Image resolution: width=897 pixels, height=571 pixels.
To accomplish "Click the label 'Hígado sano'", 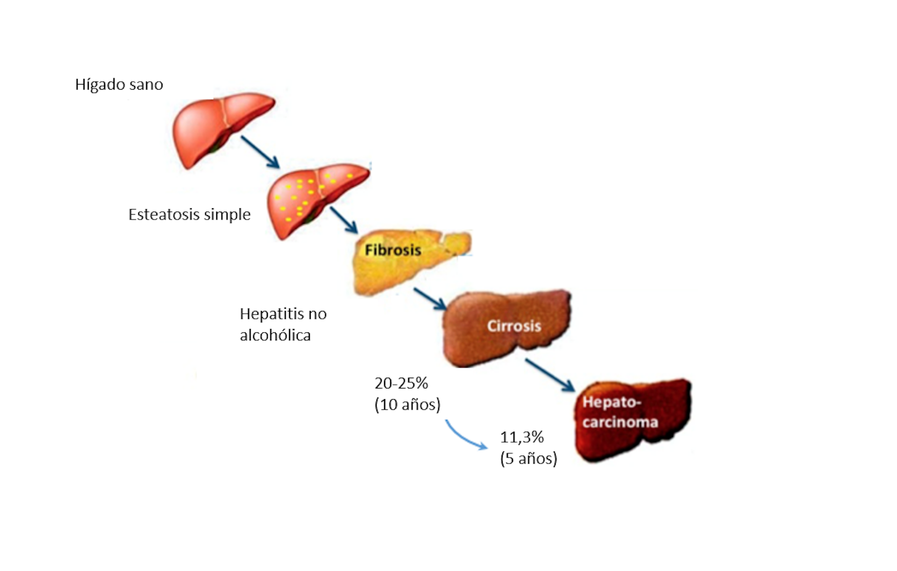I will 119,85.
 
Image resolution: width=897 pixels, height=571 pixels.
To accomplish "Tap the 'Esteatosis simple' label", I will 189,214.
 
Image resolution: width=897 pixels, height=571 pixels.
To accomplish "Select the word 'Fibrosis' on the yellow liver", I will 392,250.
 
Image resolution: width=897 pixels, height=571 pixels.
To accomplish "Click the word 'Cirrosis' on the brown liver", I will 514,326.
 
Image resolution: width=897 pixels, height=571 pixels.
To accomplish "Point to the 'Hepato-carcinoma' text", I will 619,412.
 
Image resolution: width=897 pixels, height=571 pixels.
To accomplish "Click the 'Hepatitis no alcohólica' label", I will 283,324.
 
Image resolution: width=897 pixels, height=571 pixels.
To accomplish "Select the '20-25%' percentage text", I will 401,383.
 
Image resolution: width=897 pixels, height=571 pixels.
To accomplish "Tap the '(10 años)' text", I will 407,404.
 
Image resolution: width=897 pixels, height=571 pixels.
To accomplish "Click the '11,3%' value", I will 522,437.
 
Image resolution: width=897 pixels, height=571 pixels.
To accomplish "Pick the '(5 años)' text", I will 528,458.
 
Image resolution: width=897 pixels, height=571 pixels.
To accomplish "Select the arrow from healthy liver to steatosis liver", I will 260,152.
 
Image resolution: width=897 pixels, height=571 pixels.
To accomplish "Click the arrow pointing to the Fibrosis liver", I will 343,220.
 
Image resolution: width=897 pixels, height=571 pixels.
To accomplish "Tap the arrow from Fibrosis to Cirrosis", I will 429,299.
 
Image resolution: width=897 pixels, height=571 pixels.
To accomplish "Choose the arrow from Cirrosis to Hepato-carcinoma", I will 549,375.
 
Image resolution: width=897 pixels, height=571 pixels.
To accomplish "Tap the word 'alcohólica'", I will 275,335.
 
